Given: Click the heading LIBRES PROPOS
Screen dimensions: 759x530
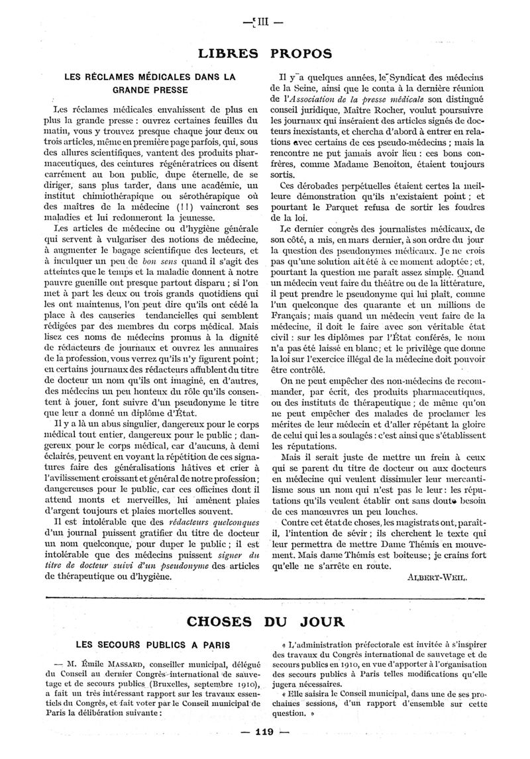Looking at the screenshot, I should click(x=265, y=52).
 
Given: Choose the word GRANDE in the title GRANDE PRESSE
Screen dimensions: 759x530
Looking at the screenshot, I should click(x=127, y=89).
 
